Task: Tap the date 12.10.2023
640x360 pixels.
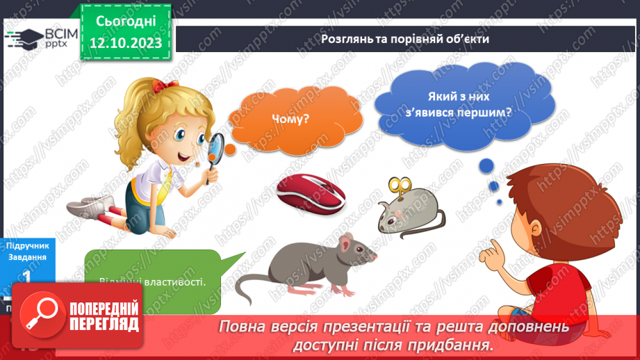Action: [x=125, y=43]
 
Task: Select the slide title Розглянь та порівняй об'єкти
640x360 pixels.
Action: [x=405, y=38]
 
